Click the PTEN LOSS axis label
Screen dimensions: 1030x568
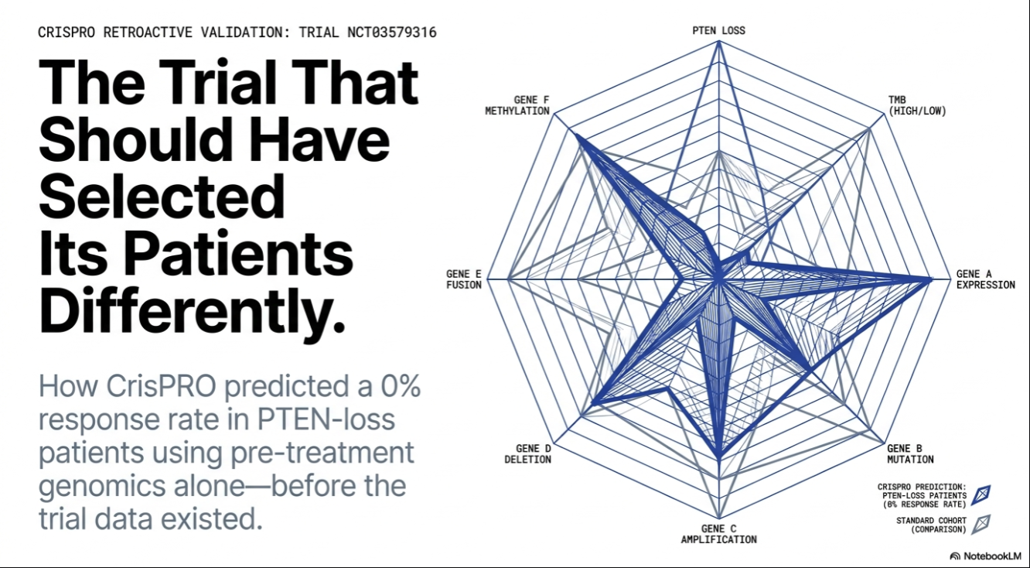tap(718, 31)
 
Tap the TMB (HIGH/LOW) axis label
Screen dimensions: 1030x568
tap(917, 105)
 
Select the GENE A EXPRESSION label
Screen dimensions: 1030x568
tap(985, 279)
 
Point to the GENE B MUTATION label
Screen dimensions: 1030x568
tap(910, 453)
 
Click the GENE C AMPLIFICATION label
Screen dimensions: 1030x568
tap(718, 534)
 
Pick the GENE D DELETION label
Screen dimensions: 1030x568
tap(528, 453)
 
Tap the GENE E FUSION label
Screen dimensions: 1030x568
tap(463, 279)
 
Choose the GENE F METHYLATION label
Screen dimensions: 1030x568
tap(517, 105)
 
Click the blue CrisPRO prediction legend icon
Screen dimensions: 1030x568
tap(981, 495)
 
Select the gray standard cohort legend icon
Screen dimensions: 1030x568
tap(981, 524)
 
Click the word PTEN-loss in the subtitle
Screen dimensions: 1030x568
tap(326, 419)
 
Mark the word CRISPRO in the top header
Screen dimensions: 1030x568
tap(67, 33)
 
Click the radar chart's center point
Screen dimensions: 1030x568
tap(718, 279)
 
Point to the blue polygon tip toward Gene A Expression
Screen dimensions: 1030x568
tap(931, 279)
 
